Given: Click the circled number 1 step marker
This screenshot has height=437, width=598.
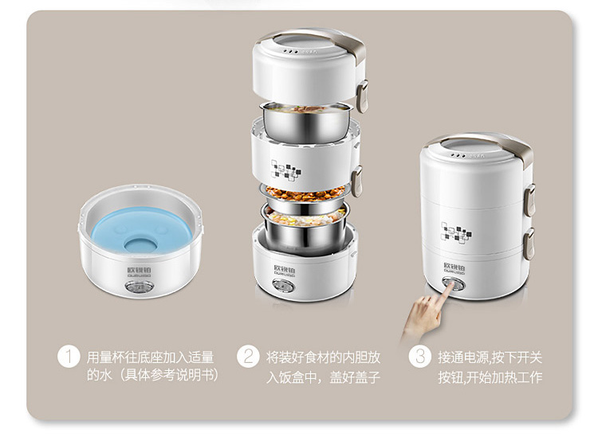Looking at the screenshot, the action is click(x=69, y=357).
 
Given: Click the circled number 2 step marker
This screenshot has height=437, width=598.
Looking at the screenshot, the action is click(x=248, y=357).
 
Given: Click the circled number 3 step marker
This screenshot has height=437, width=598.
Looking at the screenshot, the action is click(x=420, y=357).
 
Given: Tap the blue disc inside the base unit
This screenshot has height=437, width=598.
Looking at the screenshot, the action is click(x=140, y=231).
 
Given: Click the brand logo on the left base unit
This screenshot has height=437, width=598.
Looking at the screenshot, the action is click(x=139, y=271).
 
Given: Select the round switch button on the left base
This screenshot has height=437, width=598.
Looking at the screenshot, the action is click(x=140, y=287).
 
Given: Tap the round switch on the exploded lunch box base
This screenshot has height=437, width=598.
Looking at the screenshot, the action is click(x=283, y=285).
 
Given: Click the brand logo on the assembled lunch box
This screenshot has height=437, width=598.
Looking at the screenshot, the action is click(x=454, y=268).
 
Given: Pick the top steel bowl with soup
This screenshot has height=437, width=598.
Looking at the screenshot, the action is click(x=305, y=121).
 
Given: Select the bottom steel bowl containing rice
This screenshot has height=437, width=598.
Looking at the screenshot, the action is click(x=305, y=228).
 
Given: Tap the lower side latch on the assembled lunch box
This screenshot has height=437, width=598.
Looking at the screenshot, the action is click(x=529, y=244).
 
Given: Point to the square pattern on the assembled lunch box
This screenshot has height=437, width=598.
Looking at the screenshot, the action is click(x=456, y=232).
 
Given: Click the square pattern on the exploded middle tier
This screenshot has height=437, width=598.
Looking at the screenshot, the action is click(x=285, y=170).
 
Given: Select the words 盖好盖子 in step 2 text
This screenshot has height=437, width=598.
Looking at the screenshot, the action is click(x=355, y=377).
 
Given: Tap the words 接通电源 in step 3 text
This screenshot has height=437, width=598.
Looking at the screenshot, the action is click(x=463, y=357).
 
